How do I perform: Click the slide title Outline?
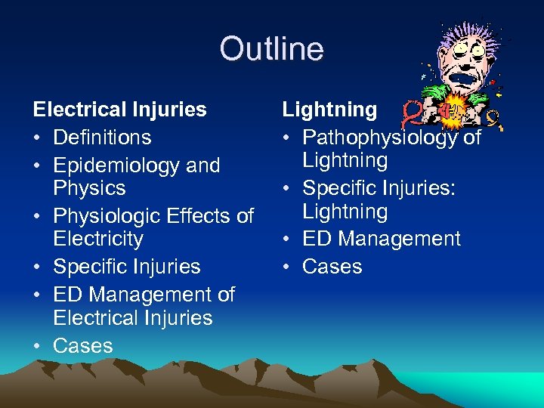(x=271, y=50)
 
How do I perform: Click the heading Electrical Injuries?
(x=119, y=110)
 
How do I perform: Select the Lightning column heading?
(x=329, y=110)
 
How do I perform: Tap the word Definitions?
(x=102, y=138)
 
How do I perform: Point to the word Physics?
(x=89, y=187)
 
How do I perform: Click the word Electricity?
(x=98, y=239)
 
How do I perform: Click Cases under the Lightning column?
(x=332, y=267)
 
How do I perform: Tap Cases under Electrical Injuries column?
(x=83, y=346)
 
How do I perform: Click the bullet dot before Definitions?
(x=38, y=138)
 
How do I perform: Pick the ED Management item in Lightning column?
(x=381, y=239)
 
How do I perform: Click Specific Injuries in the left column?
(x=127, y=267)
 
